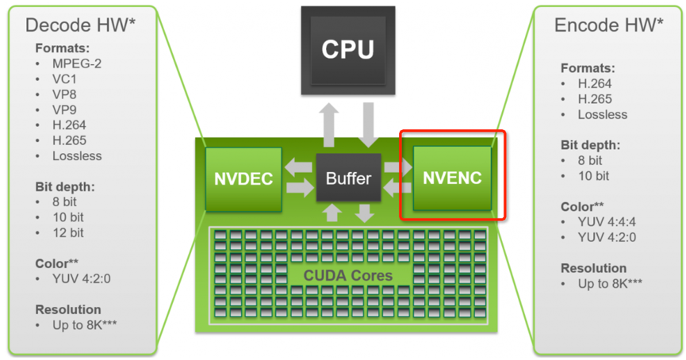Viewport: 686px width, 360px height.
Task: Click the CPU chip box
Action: pos(348,49)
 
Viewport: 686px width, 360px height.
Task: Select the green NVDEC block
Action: pos(243,179)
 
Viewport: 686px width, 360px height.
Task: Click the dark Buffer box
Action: pos(348,178)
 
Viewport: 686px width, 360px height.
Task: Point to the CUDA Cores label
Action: pos(348,275)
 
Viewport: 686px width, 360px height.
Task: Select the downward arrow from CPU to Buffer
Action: pos(367,124)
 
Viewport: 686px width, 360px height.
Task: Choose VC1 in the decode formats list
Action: pos(66,79)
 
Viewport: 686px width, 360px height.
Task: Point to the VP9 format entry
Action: pos(66,109)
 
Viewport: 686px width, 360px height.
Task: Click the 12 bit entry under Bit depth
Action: pos(69,233)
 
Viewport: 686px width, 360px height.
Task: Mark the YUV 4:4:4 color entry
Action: pos(607,223)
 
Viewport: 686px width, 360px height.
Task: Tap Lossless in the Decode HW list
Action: pos(78,155)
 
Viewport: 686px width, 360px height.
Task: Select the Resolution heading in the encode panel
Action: pos(593,268)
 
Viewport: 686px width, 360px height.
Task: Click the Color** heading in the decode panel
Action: pos(59,263)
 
